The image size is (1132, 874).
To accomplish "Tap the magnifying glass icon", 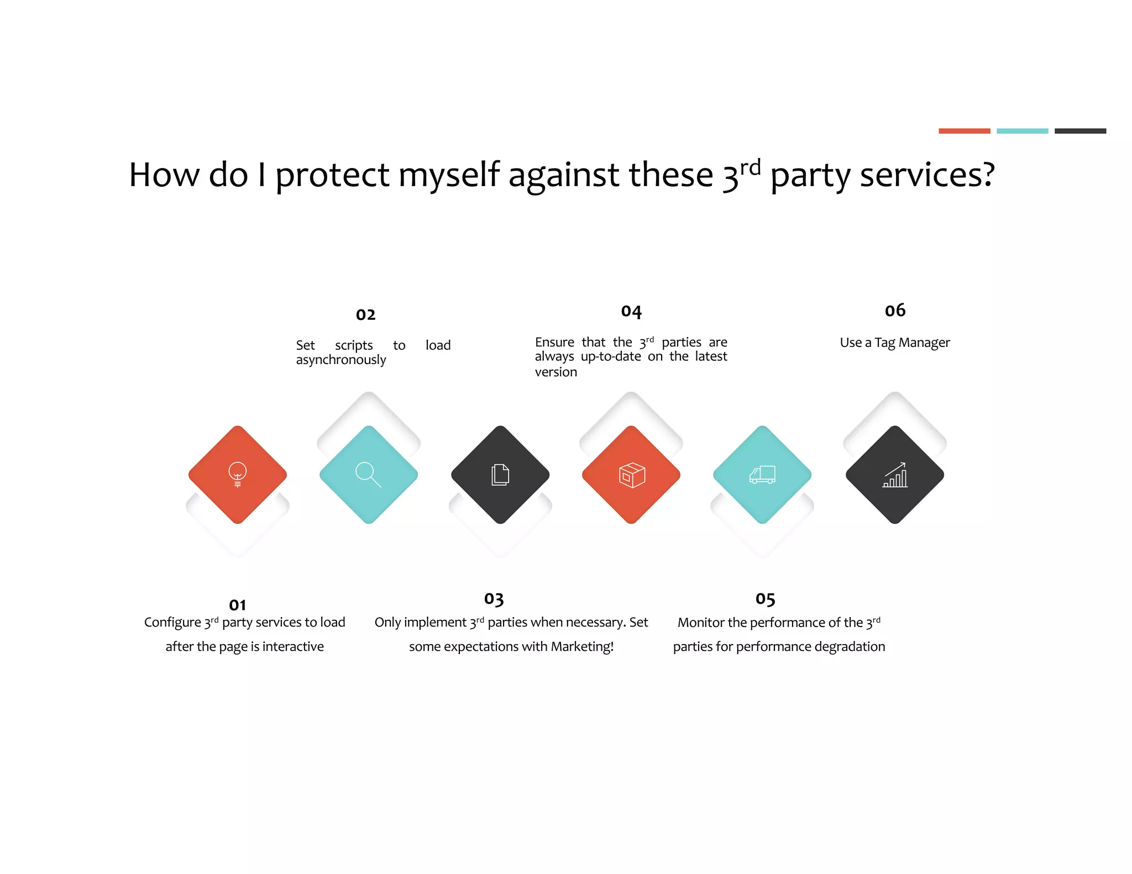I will (368, 474).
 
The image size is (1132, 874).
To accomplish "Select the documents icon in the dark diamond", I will (500, 475).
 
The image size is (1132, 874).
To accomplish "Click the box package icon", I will (632, 475).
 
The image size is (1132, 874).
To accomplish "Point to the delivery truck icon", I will (763, 475).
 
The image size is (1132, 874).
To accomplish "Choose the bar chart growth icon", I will (895, 475).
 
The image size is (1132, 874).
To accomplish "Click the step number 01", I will (238, 605).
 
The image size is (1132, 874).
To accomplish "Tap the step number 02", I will (365, 315).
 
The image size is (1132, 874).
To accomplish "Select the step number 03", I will (494, 599).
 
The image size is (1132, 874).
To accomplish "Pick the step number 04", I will (631, 312).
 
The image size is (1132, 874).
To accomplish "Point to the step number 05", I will (765, 599).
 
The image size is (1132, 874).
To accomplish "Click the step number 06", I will (895, 310).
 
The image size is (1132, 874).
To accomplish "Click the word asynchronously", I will (341, 360).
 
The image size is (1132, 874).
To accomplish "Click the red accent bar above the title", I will (964, 131).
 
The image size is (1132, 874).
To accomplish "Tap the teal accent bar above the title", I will (1022, 131).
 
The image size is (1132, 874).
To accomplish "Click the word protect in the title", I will (332, 175).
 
